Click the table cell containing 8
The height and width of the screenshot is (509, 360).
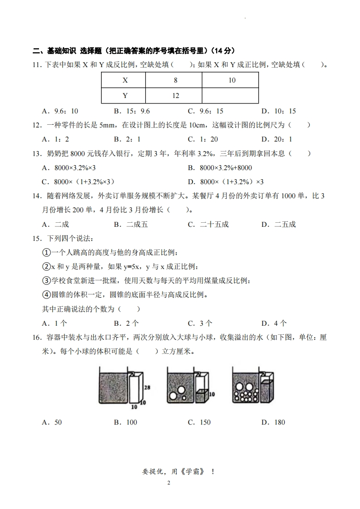(175, 80)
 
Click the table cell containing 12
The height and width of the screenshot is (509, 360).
(175, 96)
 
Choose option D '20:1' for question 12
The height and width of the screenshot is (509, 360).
(277, 139)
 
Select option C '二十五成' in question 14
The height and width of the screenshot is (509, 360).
(208, 224)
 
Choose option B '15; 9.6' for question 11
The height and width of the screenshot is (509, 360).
(132, 111)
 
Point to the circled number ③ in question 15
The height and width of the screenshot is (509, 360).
(46, 281)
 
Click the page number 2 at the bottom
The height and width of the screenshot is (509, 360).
(168, 483)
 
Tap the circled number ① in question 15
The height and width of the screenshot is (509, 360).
(46, 252)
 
